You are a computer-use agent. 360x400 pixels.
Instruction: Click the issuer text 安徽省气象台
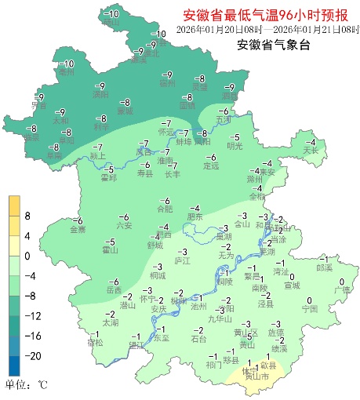click(273, 45)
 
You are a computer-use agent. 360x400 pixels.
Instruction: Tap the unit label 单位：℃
click(26, 385)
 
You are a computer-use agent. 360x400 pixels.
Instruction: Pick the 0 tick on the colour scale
click(27, 256)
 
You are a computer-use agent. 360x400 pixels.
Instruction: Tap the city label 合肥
click(164, 209)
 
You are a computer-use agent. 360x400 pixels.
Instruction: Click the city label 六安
click(124, 226)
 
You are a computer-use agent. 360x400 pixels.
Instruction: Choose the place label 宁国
click(309, 309)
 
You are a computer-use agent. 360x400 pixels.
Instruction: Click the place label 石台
click(199, 339)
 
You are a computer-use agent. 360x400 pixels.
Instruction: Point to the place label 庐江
click(182, 258)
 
